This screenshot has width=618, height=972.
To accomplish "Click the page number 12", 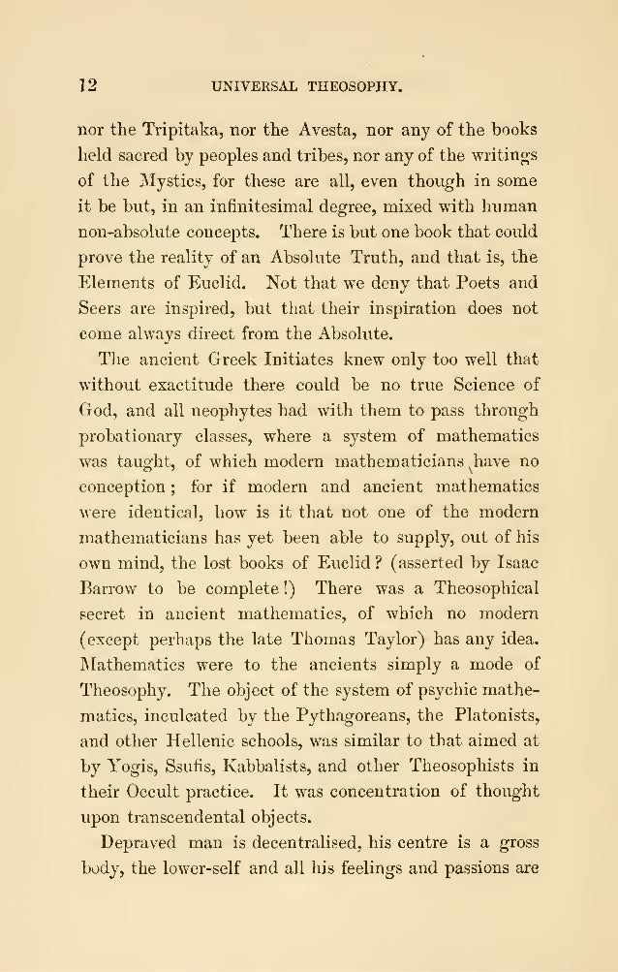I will (x=88, y=88).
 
